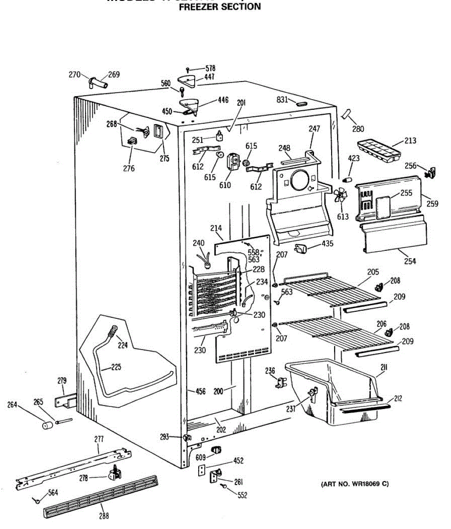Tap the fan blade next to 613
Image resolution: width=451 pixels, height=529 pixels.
point(340,195)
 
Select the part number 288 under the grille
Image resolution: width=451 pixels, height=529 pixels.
point(104,515)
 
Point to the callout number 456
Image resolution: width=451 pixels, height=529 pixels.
point(200,391)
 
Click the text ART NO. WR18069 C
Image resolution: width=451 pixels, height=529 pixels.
point(355,484)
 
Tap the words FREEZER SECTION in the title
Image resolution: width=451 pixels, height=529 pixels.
point(219,7)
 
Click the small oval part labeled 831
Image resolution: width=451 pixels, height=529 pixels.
point(301,104)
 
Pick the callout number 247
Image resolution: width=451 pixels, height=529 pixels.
point(314,129)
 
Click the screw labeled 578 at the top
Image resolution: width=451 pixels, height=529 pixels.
point(188,69)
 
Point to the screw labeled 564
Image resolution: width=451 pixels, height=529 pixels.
point(37,500)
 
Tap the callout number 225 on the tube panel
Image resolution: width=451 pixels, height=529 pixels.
point(116,367)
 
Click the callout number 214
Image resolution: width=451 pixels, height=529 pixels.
point(216,228)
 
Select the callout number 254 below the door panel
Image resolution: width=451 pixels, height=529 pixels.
point(410,261)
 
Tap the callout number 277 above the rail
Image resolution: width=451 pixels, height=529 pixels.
point(99,439)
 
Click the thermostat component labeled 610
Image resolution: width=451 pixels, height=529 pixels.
point(232,161)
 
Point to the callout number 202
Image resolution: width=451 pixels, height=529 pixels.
point(221,429)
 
